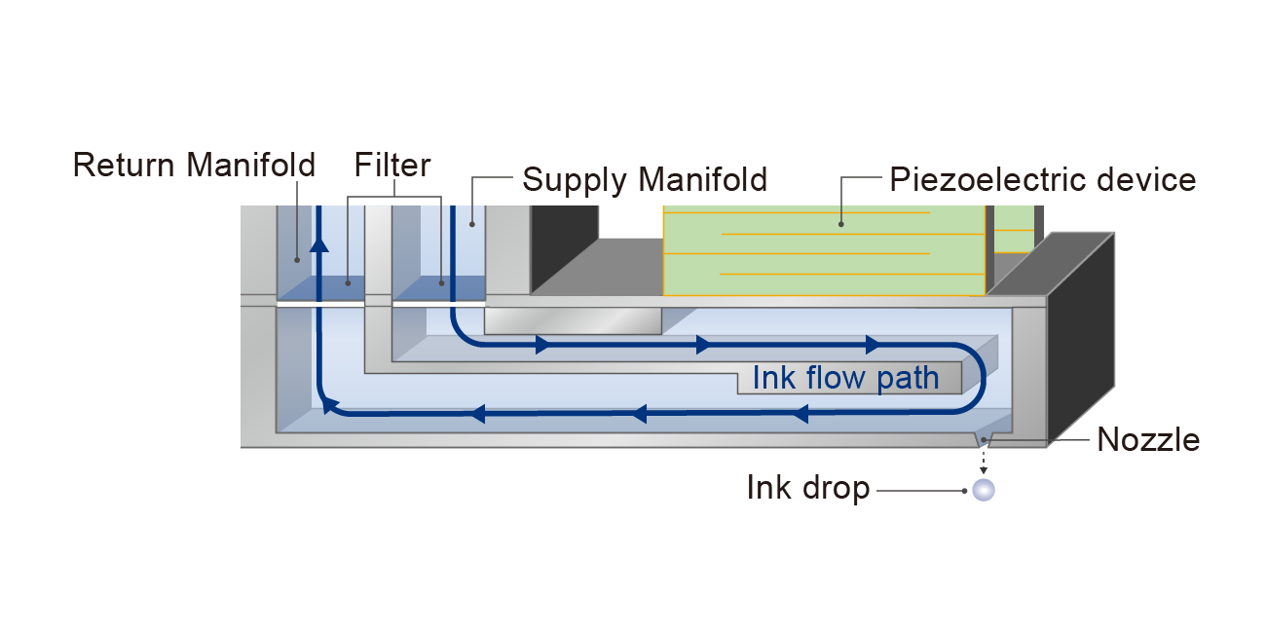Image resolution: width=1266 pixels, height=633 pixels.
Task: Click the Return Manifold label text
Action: coord(194,166)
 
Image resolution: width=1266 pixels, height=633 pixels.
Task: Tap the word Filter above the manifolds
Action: coord(392,165)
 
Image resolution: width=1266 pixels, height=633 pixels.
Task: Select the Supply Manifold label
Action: coord(645,180)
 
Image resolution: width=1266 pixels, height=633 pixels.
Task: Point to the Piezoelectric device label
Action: coord(1042,180)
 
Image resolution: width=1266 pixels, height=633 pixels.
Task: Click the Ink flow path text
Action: coord(845,378)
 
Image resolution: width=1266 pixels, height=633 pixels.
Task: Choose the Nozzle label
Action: coord(1148,440)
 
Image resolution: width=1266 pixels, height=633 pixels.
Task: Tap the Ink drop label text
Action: coord(807,488)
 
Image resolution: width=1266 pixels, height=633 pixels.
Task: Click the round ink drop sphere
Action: coord(984,489)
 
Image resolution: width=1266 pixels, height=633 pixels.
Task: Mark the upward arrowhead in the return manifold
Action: coord(318,243)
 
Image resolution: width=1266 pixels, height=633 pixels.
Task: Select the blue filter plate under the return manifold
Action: coord(321,288)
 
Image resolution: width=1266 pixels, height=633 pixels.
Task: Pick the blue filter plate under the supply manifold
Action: coord(438,288)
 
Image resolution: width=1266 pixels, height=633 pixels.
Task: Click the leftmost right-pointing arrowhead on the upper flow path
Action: coord(541,345)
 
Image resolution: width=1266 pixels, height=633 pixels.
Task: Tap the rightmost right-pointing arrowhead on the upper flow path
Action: coord(872,345)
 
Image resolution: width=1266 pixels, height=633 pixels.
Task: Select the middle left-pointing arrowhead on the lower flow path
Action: coord(639,414)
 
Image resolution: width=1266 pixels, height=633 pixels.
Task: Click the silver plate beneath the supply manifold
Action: coord(573,321)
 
